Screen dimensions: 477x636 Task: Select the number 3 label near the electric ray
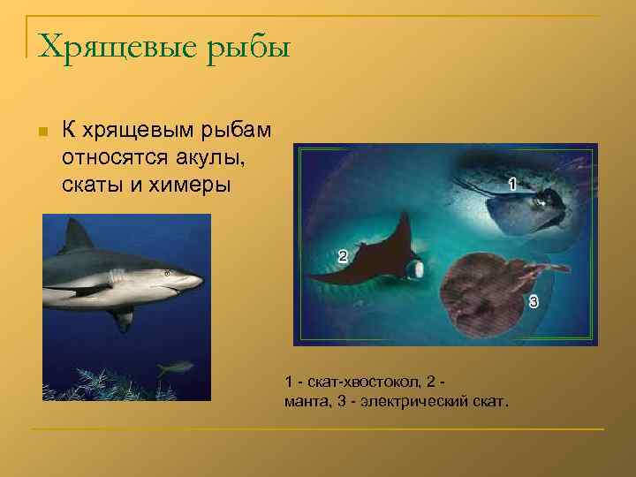point(534,302)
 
